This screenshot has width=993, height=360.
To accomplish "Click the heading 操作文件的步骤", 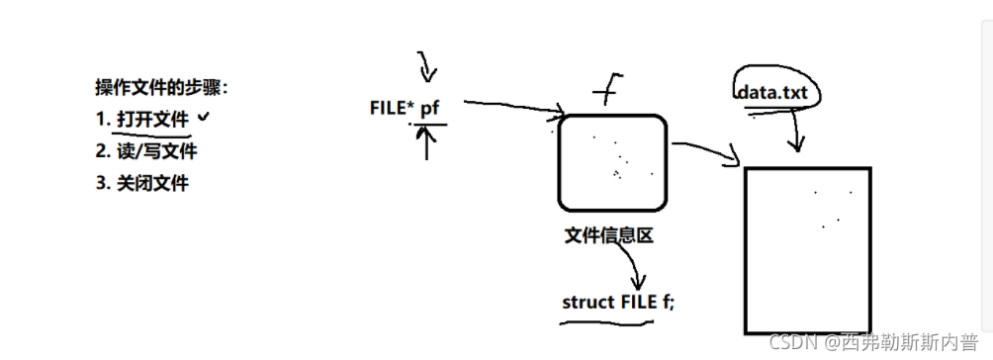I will [161, 87].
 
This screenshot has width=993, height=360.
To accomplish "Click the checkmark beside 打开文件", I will [204, 117].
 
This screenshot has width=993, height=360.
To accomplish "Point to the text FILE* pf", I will [404, 109].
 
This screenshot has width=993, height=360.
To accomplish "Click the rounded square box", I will [612, 163].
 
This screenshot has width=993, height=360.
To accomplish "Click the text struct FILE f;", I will [617, 303].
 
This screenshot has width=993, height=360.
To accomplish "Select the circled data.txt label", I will [777, 92].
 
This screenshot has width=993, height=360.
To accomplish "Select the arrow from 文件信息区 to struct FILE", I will [635, 267].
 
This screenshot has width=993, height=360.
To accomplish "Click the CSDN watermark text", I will [871, 342].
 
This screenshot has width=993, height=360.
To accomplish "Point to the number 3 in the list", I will [101, 183].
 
